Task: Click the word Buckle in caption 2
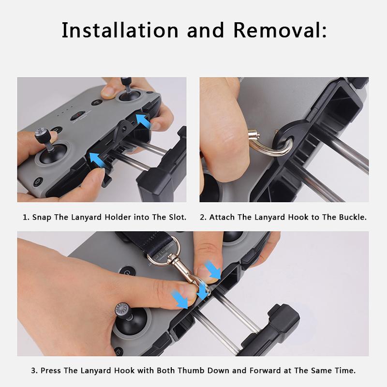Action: coord(351,217)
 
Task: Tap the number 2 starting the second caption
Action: coord(202,217)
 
